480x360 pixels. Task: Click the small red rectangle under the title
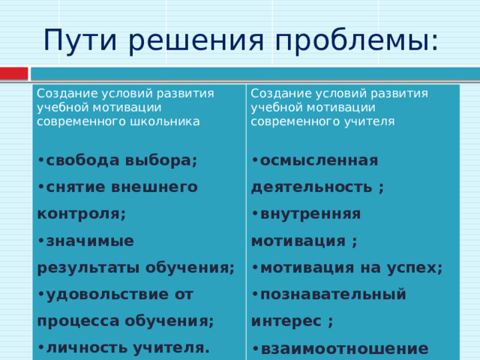tap(13, 73)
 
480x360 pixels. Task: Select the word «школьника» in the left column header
tap(172, 121)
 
